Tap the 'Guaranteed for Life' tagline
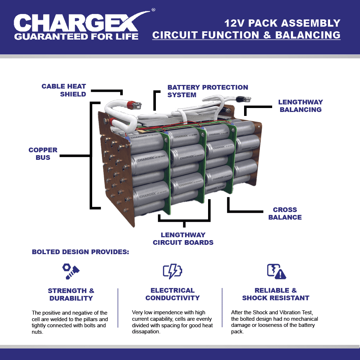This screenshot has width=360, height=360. click(76, 36)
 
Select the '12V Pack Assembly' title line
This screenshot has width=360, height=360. click(282, 23)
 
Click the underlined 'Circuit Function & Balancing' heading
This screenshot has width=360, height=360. click(246, 35)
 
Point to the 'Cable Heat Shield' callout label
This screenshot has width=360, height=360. click(64, 90)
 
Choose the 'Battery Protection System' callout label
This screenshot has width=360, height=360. click(208, 91)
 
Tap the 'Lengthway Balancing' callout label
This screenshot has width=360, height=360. click(301, 106)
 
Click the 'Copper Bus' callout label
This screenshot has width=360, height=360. click(43, 154)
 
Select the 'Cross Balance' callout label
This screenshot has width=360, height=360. click(285, 213)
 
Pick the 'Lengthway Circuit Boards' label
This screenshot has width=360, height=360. click(183, 239)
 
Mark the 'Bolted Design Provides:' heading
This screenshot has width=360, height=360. click(80, 252)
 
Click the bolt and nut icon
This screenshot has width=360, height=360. click(71, 271)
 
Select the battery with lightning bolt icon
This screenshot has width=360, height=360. click(172, 271)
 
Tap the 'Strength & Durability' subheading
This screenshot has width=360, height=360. click(71, 294)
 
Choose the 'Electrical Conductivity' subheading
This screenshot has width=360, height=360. click(172, 294)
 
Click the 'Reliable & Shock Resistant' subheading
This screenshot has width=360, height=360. click(275, 294)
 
